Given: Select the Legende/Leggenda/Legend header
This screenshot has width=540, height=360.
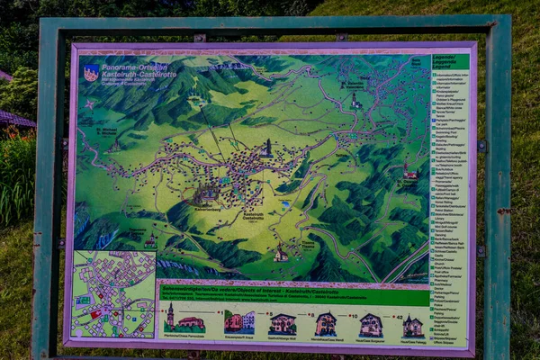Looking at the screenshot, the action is coord(449,62).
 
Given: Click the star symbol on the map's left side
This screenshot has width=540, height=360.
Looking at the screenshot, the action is coord(89,103).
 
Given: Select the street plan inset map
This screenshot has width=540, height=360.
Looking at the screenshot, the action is coord(113,293).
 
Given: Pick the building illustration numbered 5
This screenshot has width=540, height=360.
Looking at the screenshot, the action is coord(238,322).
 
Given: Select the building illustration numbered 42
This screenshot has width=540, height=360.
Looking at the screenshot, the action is coord(413,325).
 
